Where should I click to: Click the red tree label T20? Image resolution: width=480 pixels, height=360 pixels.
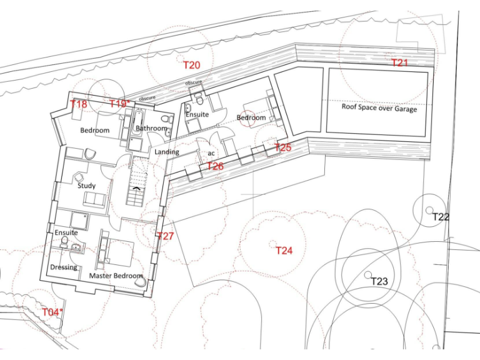click(x=191, y=65)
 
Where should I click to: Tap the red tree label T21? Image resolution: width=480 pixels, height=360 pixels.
click(x=399, y=63)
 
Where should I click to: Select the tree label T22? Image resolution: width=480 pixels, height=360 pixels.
click(x=441, y=217)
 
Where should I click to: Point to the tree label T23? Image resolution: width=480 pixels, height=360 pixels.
click(x=379, y=282)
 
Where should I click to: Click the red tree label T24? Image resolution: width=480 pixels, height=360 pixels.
click(x=284, y=251)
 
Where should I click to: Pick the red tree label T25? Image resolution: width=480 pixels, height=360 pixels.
click(x=283, y=147)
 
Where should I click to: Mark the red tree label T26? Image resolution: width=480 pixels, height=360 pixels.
click(x=215, y=166)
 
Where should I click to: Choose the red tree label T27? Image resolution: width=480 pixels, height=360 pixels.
click(x=165, y=236)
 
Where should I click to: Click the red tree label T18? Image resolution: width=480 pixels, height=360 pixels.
click(x=79, y=104)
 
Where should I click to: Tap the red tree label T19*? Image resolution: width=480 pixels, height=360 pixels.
click(x=120, y=104)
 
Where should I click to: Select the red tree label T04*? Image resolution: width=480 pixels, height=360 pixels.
click(x=52, y=312)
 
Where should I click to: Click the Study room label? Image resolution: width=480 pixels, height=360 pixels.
click(x=86, y=186)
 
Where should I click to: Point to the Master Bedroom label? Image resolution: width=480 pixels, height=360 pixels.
click(x=116, y=276)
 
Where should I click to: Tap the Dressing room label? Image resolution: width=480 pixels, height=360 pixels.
click(x=64, y=267)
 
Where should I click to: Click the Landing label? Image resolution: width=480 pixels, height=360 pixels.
click(x=166, y=152)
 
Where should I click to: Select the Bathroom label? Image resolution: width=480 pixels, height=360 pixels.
click(x=151, y=129)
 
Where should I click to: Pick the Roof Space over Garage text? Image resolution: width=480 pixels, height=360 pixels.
click(x=379, y=107)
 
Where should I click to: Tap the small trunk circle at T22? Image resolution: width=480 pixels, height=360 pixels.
click(x=430, y=209)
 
